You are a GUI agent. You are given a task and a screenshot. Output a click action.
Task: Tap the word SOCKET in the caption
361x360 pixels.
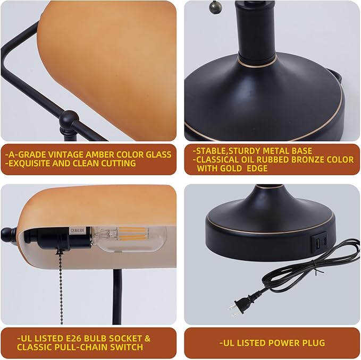click(x=125, y=338)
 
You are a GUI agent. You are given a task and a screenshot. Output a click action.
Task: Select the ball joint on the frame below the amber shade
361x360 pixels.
click(x=69, y=119)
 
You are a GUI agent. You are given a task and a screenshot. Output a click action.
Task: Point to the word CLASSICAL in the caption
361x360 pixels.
click(x=219, y=159)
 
